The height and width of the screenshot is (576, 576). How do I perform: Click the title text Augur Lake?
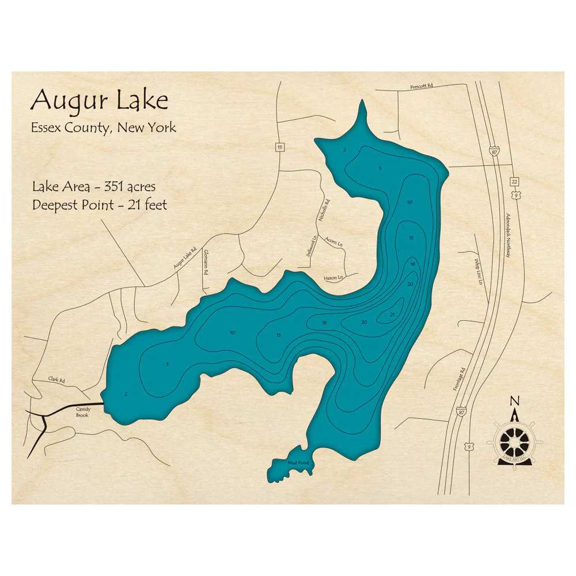99,101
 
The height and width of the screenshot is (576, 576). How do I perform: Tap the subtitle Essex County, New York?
104,127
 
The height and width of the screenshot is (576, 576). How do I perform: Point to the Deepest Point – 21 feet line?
100,204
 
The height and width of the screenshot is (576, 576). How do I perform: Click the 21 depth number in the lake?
392,314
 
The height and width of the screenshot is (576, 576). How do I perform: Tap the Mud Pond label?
298,463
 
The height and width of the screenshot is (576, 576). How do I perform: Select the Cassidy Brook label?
82,412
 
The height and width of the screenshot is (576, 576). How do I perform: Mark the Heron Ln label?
334,278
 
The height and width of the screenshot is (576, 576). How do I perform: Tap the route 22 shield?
514,181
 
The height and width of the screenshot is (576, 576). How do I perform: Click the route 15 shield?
279,147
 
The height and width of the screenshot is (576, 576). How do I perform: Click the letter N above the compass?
515,401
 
